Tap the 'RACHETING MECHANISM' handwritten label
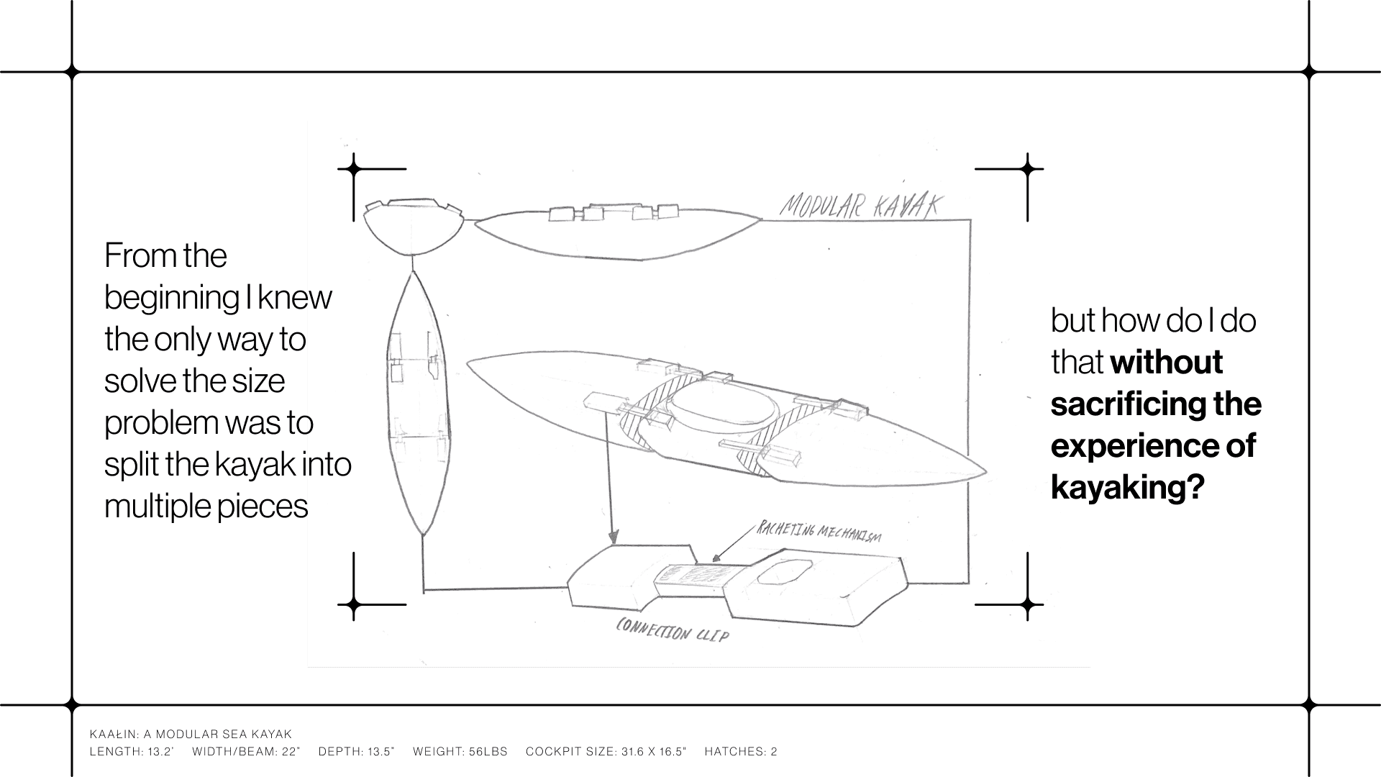click(x=819, y=533)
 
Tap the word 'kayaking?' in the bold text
click(x=1127, y=488)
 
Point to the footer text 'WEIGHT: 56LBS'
click(x=460, y=752)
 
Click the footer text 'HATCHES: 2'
click(x=741, y=752)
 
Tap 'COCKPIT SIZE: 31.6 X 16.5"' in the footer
click(x=606, y=752)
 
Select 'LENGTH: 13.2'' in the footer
click(x=132, y=752)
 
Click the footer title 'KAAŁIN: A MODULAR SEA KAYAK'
click(x=191, y=735)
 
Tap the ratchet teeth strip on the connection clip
click(x=695, y=575)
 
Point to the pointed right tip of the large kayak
click(x=984, y=472)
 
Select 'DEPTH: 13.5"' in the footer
click(x=356, y=752)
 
